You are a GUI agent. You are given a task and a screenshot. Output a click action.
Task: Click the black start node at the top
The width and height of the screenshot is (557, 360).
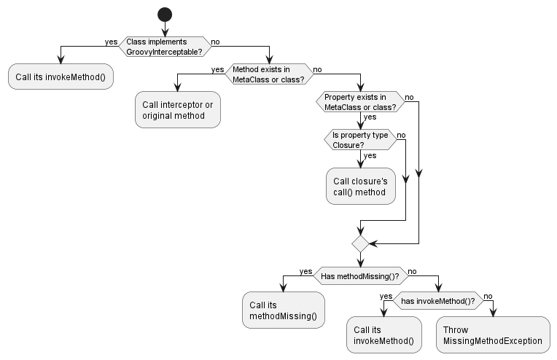click(x=164, y=14)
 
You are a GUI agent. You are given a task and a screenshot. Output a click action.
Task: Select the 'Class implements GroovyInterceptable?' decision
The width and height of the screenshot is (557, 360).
click(x=164, y=46)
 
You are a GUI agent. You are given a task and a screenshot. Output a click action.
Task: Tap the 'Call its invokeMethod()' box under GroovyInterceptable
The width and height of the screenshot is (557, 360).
click(x=61, y=77)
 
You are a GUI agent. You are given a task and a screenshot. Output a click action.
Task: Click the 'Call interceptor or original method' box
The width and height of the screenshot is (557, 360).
click(x=177, y=110)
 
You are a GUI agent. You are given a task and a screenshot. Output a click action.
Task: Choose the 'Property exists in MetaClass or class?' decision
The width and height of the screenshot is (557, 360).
click(x=360, y=101)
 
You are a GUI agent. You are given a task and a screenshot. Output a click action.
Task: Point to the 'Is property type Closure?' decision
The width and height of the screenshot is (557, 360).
click(x=360, y=139)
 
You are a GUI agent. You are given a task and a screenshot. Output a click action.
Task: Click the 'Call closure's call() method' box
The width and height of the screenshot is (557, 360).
click(x=360, y=186)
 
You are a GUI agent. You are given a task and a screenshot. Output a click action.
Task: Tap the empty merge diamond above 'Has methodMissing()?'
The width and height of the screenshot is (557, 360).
click(x=360, y=243)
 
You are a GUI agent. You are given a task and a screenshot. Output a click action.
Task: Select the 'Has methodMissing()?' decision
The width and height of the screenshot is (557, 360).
click(x=360, y=275)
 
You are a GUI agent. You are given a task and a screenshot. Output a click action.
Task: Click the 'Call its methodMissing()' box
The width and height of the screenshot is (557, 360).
click(x=283, y=310)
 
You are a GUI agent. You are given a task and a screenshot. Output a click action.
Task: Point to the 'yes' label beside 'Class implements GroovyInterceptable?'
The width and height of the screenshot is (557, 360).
click(x=111, y=42)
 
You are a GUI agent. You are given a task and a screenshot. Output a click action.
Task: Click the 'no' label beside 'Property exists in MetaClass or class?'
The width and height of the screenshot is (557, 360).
click(x=410, y=97)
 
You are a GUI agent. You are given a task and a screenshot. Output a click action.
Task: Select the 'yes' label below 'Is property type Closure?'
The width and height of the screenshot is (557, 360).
click(x=370, y=155)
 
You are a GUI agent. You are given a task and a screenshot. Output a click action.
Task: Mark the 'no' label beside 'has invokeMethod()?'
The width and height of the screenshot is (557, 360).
click(x=488, y=296)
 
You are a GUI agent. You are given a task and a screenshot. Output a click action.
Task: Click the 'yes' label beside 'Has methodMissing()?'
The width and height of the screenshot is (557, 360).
click(x=305, y=271)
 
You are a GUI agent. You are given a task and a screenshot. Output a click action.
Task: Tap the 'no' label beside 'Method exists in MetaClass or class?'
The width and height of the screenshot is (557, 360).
click(x=318, y=69)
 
